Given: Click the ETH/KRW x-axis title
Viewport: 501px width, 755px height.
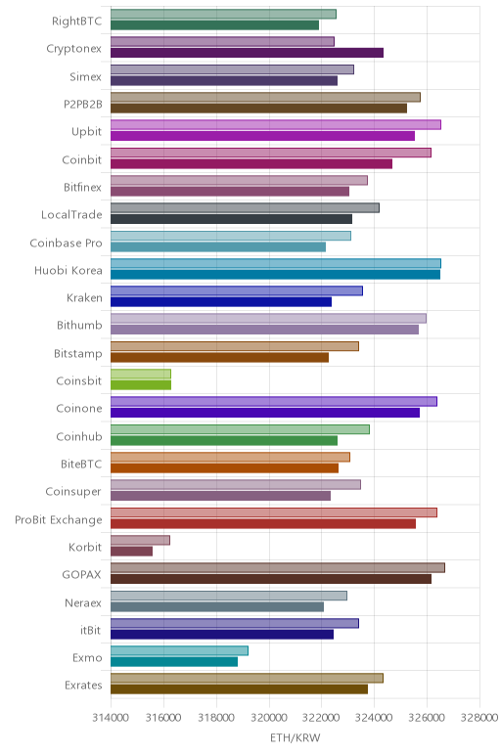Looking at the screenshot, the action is point(295,737).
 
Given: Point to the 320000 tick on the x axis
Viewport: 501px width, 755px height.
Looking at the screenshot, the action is point(269,718).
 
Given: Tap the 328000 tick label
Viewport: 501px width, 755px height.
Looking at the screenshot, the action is point(479,718).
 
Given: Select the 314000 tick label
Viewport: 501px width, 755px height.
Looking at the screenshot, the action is point(111,718).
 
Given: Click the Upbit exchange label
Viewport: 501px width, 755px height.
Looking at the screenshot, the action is point(87,131).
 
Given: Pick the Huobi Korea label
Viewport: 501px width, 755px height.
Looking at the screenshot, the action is point(68,270).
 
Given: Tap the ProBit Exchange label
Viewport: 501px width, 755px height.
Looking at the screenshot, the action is point(59,519).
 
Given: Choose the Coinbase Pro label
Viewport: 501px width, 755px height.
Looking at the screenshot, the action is point(66,243).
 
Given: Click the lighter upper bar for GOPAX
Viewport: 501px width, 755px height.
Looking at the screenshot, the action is point(278,567).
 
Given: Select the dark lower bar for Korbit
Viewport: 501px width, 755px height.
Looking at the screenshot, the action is point(131,551).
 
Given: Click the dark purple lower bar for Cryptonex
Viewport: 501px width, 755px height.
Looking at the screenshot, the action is point(248,53).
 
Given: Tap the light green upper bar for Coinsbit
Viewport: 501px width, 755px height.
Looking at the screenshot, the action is point(141,374).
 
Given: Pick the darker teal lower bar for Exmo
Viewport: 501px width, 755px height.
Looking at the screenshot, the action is point(174,661).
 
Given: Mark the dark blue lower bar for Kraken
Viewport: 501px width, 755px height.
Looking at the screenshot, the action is point(221,302).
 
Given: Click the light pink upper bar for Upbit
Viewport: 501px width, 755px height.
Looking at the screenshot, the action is point(276,125).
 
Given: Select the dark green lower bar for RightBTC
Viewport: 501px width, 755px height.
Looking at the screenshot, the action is point(215,25).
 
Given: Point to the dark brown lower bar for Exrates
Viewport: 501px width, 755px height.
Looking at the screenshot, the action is point(239,689).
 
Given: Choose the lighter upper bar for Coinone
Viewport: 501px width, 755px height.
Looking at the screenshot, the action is point(274,402).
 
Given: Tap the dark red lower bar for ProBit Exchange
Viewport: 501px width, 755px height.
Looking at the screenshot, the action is point(263,523).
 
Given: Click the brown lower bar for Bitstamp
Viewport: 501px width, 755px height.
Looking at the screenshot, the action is point(219,357).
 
